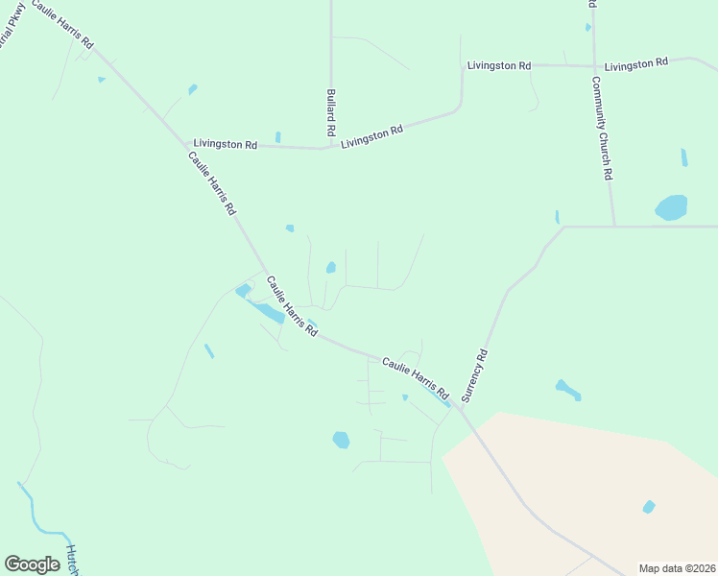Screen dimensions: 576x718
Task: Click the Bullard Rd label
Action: [330, 111]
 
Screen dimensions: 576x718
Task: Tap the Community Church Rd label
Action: [602, 129]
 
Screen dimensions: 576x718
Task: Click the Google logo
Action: [32, 564]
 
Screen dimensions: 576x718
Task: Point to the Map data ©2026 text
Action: [676, 568]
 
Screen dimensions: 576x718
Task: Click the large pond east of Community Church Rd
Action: [671, 207]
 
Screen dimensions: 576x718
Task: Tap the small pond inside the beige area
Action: [649, 507]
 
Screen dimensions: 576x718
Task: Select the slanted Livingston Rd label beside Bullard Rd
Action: [371, 136]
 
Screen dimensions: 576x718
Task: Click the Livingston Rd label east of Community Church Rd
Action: [636, 63]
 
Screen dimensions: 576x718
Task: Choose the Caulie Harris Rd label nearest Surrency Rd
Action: [415, 378]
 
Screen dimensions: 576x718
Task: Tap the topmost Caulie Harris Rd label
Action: [61, 24]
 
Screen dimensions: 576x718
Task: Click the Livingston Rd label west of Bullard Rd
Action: [225, 144]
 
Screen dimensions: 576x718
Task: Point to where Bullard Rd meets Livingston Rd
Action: [330, 148]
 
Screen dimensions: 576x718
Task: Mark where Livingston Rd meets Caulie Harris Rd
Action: [187, 145]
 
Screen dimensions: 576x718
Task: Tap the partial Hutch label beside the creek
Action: [71, 559]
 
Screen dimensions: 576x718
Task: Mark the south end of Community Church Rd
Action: [613, 226]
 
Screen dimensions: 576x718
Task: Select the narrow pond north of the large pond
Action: [683, 157]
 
